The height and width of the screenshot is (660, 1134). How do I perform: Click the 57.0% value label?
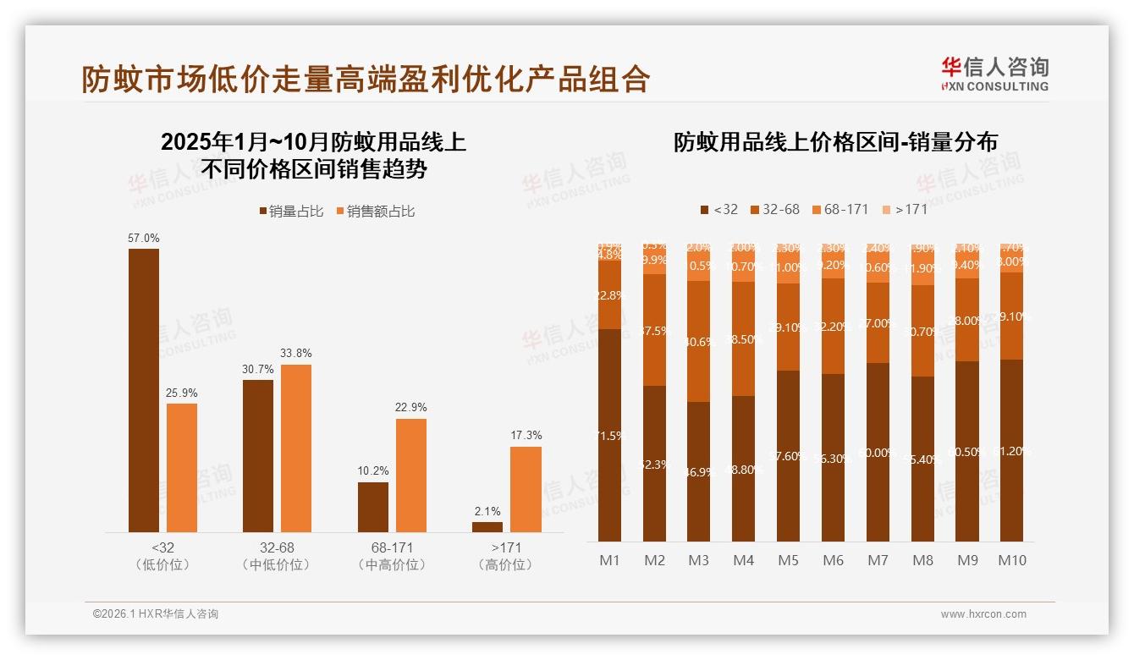(x=143, y=239)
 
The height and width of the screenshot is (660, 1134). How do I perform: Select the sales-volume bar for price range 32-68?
(x=258, y=455)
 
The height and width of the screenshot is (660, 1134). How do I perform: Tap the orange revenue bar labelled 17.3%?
(x=526, y=489)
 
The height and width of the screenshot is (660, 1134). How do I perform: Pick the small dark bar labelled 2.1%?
(x=487, y=526)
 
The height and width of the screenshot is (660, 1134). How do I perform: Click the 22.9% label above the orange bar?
(x=410, y=407)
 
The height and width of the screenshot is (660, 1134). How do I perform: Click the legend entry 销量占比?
(x=291, y=212)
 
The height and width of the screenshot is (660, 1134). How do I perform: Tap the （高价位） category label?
(x=505, y=564)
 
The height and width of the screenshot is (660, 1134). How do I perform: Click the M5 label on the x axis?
(x=788, y=560)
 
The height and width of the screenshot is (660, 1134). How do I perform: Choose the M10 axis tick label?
(x=1012, y=560)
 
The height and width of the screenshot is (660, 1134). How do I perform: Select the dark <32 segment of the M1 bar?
(x=610, y=436)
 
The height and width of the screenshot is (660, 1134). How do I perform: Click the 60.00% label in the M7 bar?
(x=878, y=453)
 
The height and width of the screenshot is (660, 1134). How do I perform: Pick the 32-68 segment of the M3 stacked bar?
(x=699, y=341)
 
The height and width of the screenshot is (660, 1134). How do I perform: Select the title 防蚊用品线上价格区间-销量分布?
(x=835, y=142)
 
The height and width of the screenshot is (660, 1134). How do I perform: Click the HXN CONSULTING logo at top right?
(x=994, y=74)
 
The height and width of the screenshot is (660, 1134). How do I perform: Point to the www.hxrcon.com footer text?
(x=983, y=614)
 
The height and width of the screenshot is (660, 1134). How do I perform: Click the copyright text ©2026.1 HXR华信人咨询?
(x=156, y=614)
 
